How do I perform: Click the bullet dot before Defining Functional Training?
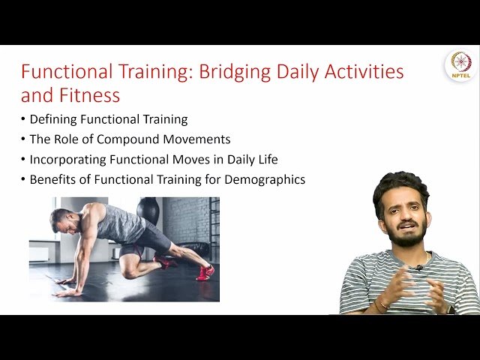tap(23, 119)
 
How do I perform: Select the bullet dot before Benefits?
tap(23, 180)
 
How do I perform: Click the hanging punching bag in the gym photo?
tap(148, 211)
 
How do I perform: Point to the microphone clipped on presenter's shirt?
tap(419, 268)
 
